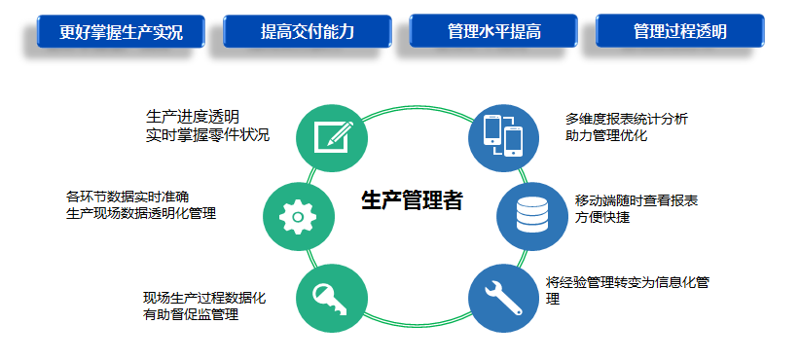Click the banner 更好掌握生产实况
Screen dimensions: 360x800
121,31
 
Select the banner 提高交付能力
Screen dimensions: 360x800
307,31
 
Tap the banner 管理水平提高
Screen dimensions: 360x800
493,31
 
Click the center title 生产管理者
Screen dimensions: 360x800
412,201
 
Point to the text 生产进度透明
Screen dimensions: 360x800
193,117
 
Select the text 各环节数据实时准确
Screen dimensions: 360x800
127,196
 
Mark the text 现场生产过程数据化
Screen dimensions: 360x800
204,298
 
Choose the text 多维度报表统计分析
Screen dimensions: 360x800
627,119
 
